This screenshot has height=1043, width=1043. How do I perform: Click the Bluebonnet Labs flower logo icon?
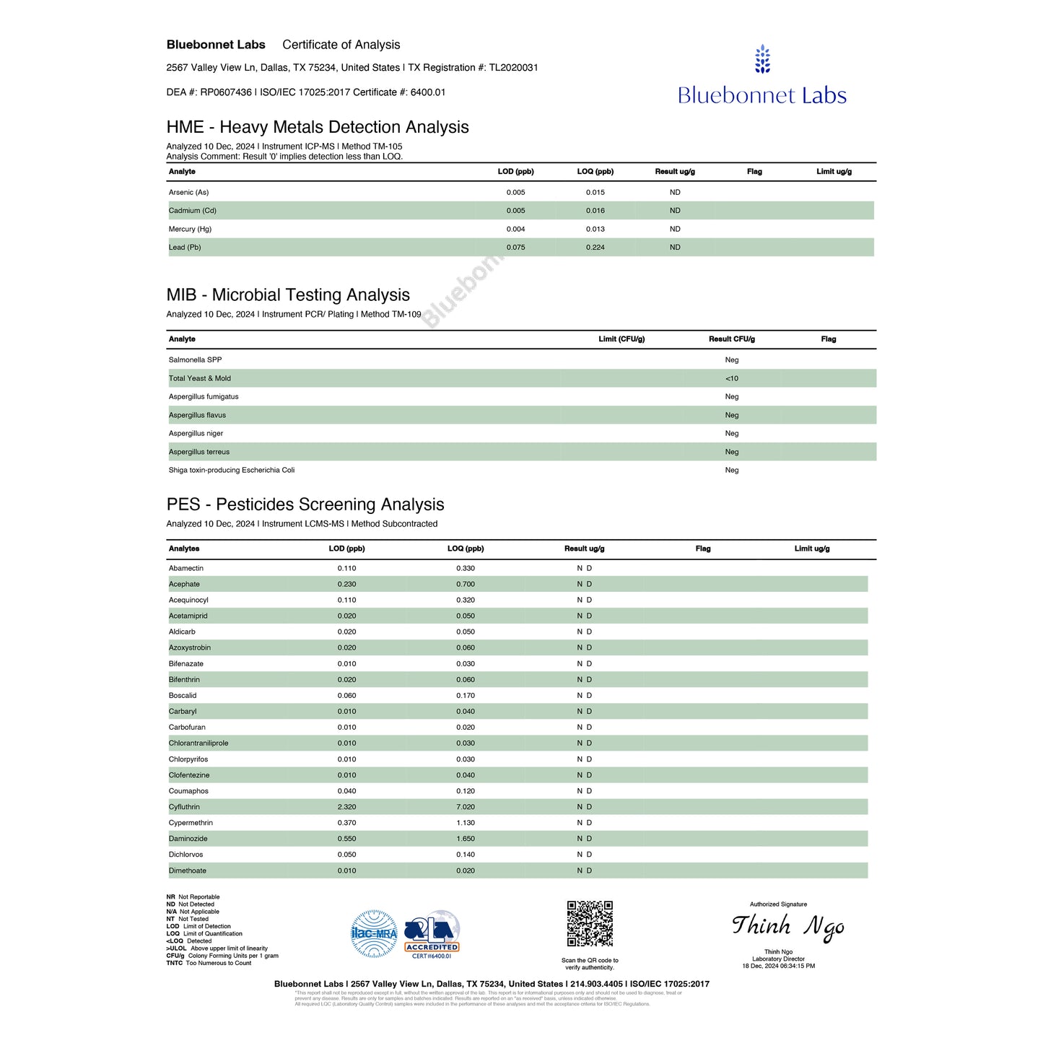click(762, 59)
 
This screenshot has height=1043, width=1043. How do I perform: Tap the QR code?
click(590, 923)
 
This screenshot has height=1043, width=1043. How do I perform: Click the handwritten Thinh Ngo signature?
click(787, 927)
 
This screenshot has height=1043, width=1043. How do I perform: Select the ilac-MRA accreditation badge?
click(374, 933)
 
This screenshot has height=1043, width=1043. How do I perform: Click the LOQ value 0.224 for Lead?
click(595, 248)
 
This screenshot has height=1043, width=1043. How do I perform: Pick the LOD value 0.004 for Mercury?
click(515, 230)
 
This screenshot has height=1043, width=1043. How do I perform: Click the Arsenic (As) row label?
click(188, 193)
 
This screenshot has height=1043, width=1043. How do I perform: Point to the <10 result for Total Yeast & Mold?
click(732, 379)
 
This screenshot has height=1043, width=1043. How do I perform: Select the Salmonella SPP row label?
click(195, 360)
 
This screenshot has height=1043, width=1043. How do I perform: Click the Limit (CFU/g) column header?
click(621, 339)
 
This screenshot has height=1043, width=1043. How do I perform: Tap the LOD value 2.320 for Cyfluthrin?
click(346, 807)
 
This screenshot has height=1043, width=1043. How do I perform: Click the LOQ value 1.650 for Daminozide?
click(466, 839)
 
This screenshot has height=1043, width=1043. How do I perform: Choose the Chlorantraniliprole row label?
click(198, 743)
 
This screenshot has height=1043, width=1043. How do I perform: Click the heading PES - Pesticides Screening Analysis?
click(305, 505)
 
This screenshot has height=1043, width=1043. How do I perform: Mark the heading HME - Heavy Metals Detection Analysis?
click(318, 127)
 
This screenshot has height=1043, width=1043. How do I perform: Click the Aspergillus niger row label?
click(196, 434)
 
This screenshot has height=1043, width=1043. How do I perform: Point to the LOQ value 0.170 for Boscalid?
click(466, 696)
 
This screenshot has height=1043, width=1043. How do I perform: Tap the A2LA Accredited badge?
click(432, 933)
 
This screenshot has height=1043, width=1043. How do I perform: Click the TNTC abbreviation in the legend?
click(174, 964)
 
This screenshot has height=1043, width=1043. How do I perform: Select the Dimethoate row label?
click(187, 871)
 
